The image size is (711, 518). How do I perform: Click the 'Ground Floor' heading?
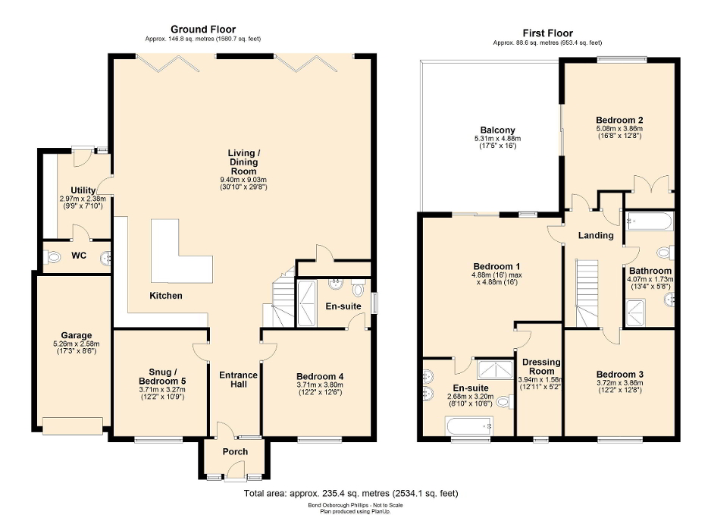[202, 29]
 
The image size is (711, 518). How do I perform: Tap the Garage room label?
[77, 335]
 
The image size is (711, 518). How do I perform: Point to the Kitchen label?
[165, 295]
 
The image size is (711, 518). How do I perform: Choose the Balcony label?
[496, 130]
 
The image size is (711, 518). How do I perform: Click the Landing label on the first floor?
[596, 235]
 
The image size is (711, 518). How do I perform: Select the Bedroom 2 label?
[619, 120]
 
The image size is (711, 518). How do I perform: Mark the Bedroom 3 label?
[619, 374]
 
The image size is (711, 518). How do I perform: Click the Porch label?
[234, 452]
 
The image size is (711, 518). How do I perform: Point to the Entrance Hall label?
[238, 380]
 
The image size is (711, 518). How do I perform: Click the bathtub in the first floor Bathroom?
[648, 222]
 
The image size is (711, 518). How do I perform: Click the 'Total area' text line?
[351, 494]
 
